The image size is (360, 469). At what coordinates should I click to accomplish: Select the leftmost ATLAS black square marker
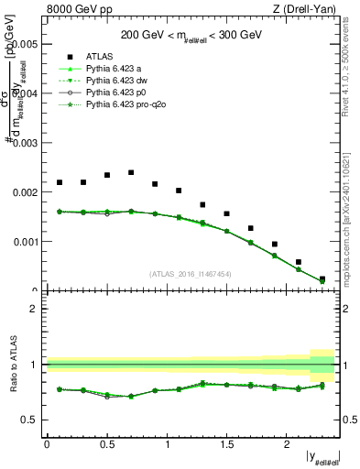(x=60, y=182)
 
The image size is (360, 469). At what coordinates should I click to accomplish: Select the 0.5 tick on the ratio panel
(x=32, y=420)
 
